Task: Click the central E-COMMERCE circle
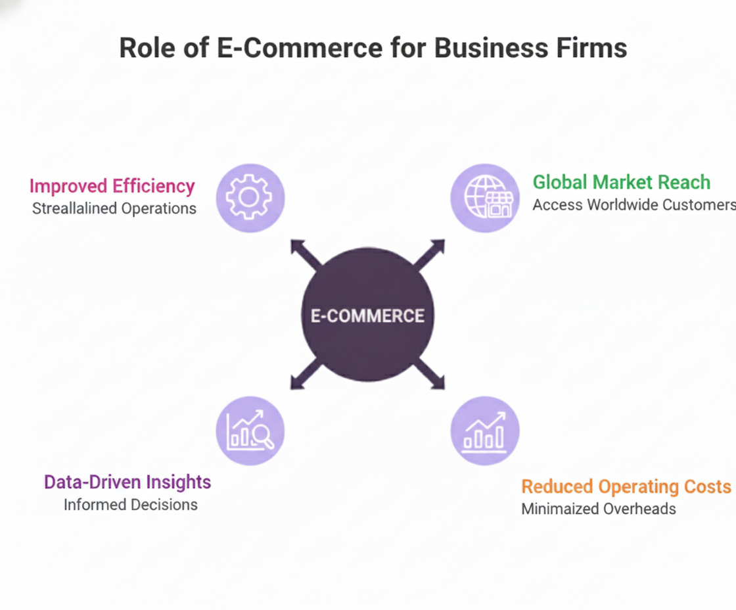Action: [x=367, y=315]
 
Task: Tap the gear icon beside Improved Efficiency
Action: [x=250, y=198]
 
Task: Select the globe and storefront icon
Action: [x=485, y=198]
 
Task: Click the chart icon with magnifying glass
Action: [x=250, y=431]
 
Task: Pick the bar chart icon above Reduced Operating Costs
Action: [x=485, y=431]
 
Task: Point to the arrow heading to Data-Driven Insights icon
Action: [x=303, y=377]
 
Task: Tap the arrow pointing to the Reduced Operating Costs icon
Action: [x=432, y=377]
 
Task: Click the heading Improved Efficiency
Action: [x=112, y=186]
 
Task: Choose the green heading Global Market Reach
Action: [x=621, y=182]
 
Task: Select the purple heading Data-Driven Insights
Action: [x=127, y=482]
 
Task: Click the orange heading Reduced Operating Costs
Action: [x=626, y=486]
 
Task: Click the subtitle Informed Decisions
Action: [x=130, y=504]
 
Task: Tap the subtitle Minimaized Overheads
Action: [x=598, y=508]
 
